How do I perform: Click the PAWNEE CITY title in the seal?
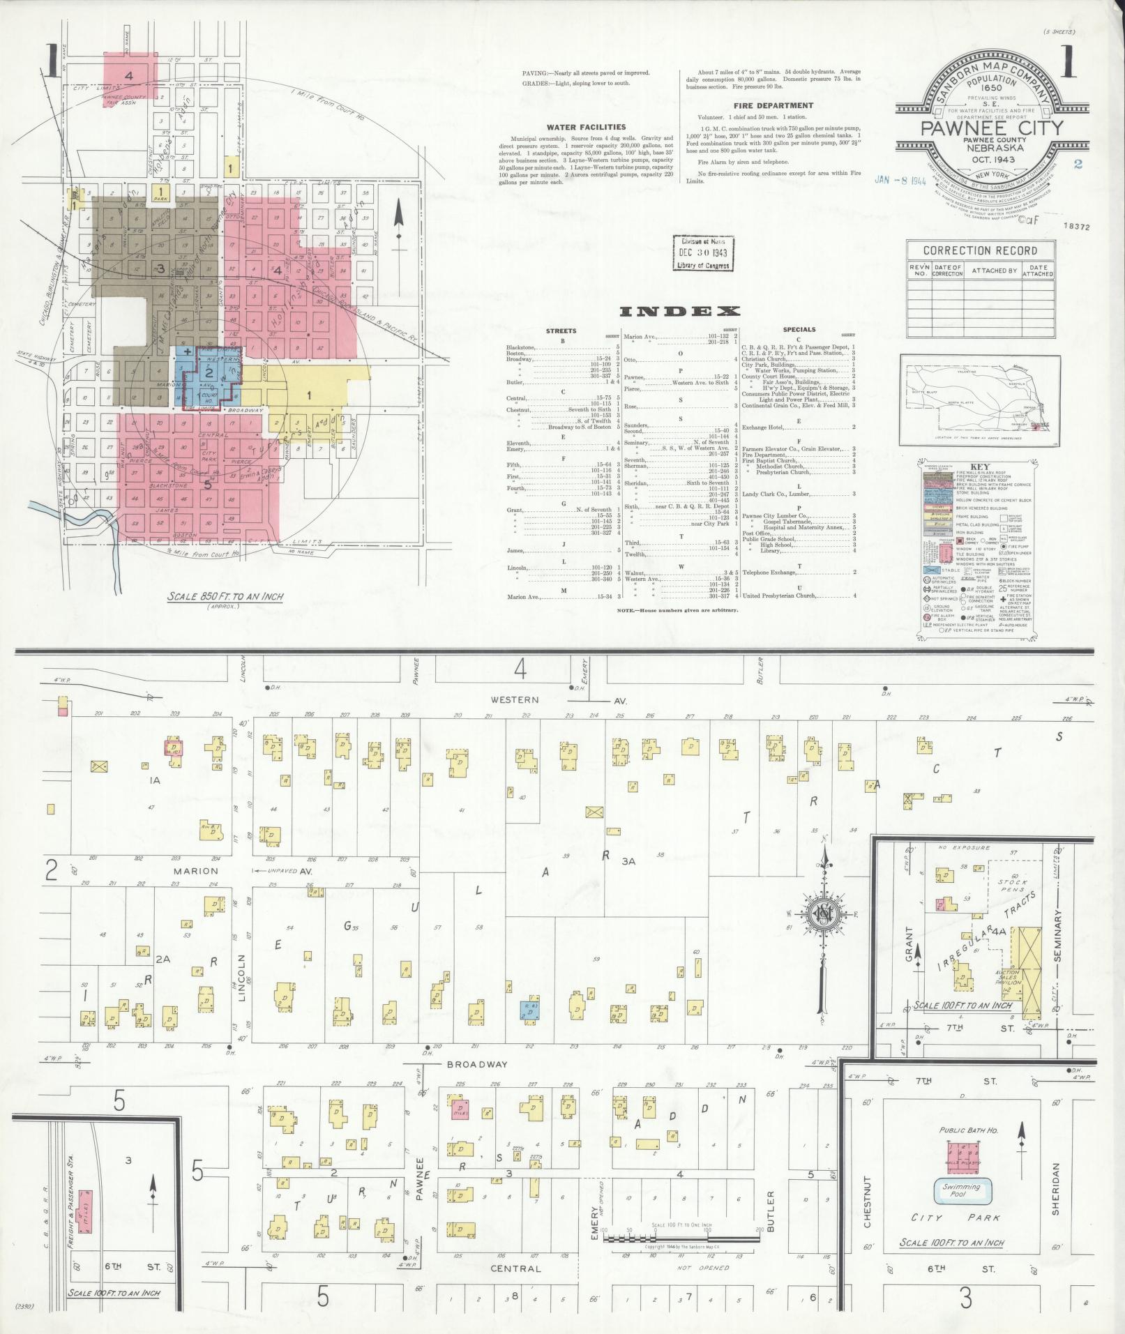point(992,128)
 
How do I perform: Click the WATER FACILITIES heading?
point(586,128)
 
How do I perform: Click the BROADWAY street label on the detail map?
point(477,1084)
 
